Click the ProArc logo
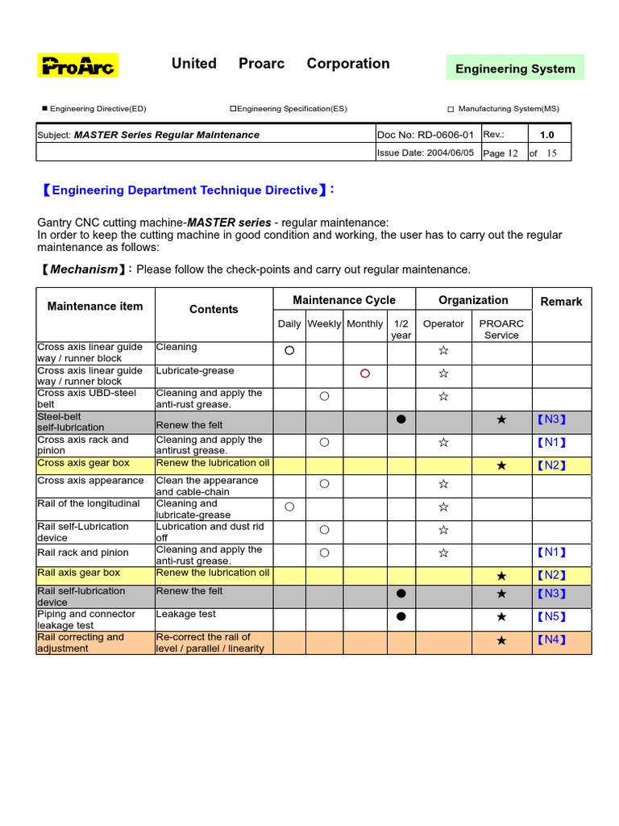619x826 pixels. pos(78,65)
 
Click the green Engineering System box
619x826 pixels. pos(515,69)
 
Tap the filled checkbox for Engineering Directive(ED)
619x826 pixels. pos(44,109)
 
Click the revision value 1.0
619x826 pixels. pos(547,135)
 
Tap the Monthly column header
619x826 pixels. pos(364,323)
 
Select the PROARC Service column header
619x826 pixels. pos(501,329)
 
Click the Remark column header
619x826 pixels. pos(561,302)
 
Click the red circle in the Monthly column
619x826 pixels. pos(364,373)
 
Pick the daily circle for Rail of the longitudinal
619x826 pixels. pos(289,507)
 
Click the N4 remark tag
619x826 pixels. pos(552,640)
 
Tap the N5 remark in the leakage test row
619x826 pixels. pos(552,617)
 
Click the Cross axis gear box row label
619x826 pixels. pos(84,464)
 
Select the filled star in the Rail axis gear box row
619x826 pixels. pos(501,576)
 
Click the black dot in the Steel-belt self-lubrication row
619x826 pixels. pos(401,420)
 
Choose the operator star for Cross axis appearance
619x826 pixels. pos(443,484)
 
